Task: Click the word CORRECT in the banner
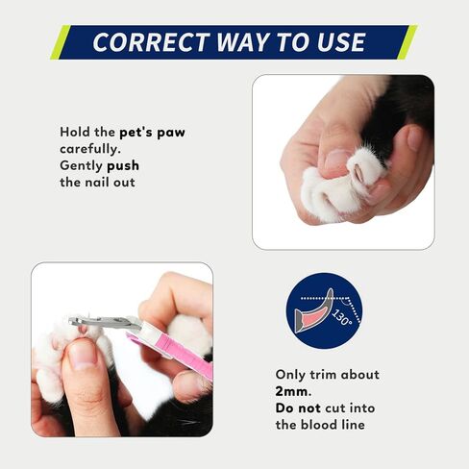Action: pyautogui.click(x=152, y=42)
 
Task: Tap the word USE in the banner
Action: pyautogui.click(x=341, y=42)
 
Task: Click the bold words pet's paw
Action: pyautogui.click(x=152, y=133)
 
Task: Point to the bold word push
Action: pyautogui.click(x=123, y=166)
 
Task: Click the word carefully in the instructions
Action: pyautogui.click(x=90, y=149)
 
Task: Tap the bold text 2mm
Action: pyautogui.click(x=293, y=391)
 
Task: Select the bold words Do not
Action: pyautogui.click(x=298, y=408)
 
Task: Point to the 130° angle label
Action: pyautogui.click(x=341, y=317)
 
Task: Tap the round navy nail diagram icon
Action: pyautogui.click(x=324, y=310)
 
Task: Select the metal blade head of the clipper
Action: pyautogui.click(x=105, y=322)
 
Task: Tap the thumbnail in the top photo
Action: pyautogui.click(x=337, y=159)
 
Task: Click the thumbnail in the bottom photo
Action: pyautogui.click(x=83, y=355)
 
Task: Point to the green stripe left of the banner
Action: pyautogui.click(x=61, y=42)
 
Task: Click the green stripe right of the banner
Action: pyautogui.click(x=407, y=42)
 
